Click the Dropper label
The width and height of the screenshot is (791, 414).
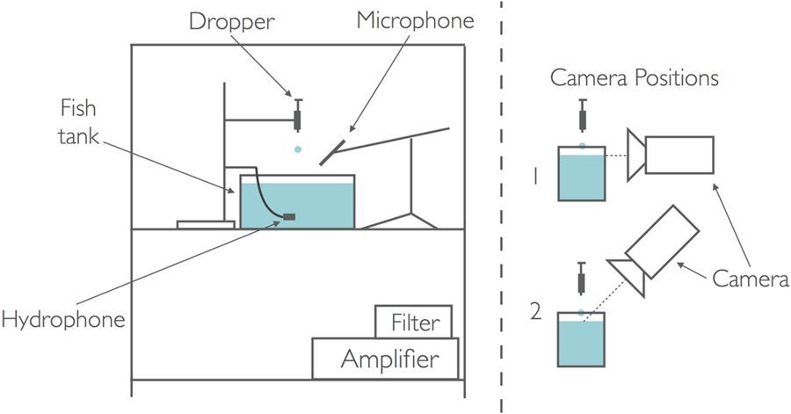pyautogui.click(x=231, y=23)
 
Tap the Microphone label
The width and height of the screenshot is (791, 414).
pyautogui.click(x=415, y=22)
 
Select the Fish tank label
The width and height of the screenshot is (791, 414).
pyautogui.click(x=79, y=122)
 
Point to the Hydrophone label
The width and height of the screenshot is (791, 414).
pyautogui.click(x=63, y=320)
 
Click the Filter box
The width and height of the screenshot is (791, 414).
pyautogui.click(x=413, y=322)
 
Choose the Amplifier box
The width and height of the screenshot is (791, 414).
pyautogui.click(x=386, y=359)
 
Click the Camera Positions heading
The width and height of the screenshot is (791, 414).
pyautogui.click(x=634, y=78)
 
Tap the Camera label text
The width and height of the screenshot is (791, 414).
pyautogui.click(x=751, y=279)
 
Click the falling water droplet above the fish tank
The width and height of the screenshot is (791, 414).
pyautogui.click(x=298, y=149)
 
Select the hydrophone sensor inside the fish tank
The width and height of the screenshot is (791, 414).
pyautogui.click(x=289, y=217)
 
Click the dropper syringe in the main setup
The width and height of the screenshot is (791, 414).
pyautogui.click(x=298, y=115)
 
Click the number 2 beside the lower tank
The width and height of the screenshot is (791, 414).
pyautogui.click(x=536, y=312)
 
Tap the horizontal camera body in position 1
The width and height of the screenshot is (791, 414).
pyautogui.click(x=679, y=155)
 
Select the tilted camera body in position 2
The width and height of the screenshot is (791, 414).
pyautogui.click(x=662, y=242)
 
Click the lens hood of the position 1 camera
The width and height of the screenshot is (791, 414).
pyautogui.click(x=635, y=155)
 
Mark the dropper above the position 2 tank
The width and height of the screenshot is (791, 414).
pyautogui.click(x=581, y=279)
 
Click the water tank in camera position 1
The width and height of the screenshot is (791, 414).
pyautogui.click(x=582, y=173)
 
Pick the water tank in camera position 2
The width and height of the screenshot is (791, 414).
pyautogui.click(x=581, y=339)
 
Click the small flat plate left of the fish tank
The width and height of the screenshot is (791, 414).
pyautogui.click(x=206, y=225)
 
